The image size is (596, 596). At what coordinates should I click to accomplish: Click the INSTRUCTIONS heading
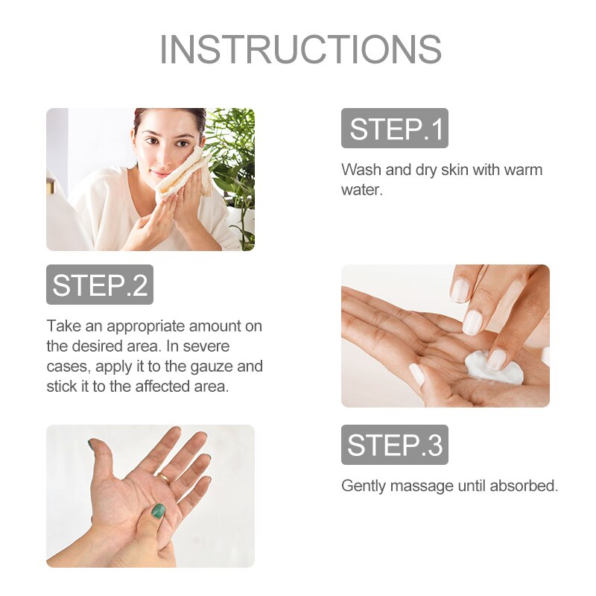tap(300, 49)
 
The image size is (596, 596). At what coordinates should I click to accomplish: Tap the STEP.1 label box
tap(395, 128)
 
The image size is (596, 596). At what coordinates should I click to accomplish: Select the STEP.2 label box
tap(100, 285)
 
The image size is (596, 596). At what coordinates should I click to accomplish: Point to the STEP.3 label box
tap(395, 445)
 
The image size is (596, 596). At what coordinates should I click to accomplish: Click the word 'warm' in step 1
tap(523, 170)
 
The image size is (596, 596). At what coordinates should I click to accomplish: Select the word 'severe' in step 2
tap(206, 346)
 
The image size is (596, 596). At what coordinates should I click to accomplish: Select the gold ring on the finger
tap(165, 477)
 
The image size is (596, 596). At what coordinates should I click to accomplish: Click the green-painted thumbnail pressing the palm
tap(158, 511)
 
